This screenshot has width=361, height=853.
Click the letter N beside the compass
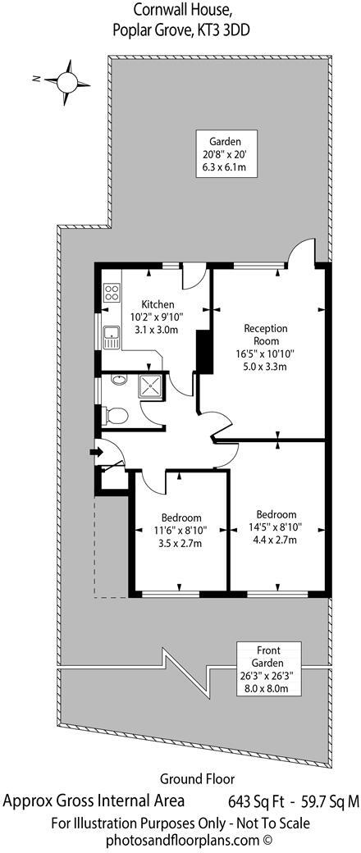pos(37,80)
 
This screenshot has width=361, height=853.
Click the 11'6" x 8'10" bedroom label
pos(180,530)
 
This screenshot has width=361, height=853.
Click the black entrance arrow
pos(95,450)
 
